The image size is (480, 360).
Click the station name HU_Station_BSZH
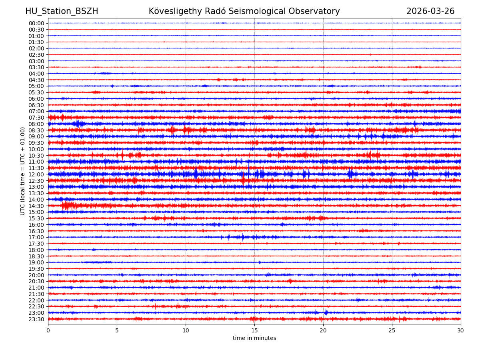click(62, 12)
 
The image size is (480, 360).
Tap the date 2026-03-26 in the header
click(430, 12)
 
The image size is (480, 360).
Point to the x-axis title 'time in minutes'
click(254, 338)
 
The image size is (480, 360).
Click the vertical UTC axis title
click(23, 171)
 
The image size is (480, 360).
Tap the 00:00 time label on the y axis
click(36, 23)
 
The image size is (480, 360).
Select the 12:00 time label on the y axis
click(36, 174)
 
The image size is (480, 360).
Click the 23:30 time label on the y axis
click(36, 319)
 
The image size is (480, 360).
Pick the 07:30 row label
click(36, 118)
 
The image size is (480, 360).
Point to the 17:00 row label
click(36, 237)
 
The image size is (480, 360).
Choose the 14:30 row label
click(36, 206)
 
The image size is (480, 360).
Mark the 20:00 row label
click(36, 275)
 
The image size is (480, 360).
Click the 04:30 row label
click(36, 80)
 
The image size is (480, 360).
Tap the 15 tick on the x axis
click(254, 331)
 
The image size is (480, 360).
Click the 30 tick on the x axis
click(461, 331)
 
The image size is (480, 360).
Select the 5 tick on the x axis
click(117, 331)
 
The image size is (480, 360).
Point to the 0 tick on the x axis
click(48, 331)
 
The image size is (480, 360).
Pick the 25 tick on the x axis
click(392, 331)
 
